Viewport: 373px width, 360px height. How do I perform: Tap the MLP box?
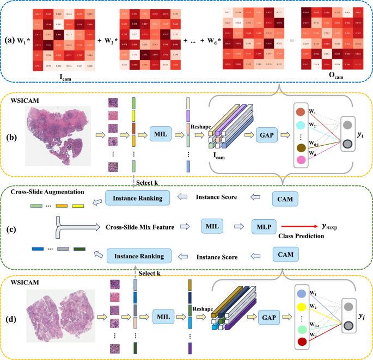(263, 225)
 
